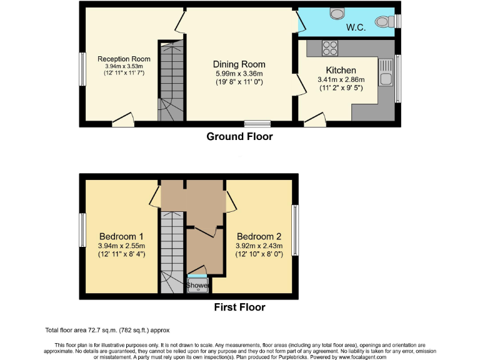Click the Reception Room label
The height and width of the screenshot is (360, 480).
coord(124,59)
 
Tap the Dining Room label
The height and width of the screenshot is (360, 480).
coord(239,64)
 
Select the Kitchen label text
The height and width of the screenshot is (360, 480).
coord(341,70)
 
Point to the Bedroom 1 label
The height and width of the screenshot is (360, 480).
coord(122,237)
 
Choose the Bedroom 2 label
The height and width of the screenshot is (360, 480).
coord(259,237)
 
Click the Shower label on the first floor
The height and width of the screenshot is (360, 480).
coord(198,286)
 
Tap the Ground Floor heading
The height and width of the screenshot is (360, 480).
coord(239,136)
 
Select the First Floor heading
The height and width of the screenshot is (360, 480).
coord(239,307)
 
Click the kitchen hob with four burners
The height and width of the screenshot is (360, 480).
coord(329,47)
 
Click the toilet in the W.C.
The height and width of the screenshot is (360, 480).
coord(338,14)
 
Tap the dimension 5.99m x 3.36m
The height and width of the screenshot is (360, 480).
coord(239,73)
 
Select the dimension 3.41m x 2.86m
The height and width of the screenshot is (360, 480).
coord(341,79)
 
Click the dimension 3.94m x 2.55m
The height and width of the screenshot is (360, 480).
coord(122,246)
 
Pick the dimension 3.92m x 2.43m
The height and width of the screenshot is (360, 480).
coord(259,246)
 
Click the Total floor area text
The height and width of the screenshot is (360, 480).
coord(107,330)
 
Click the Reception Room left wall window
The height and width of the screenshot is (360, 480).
coord(82,69)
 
